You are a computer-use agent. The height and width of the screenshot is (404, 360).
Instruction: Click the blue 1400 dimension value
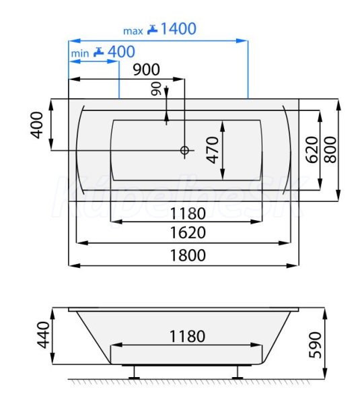(178, 28)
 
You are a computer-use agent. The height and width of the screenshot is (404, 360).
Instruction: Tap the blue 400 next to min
(121, 52)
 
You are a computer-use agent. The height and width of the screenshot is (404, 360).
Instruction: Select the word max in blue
(133, 31)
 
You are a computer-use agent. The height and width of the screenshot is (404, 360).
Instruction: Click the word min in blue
(80, 54)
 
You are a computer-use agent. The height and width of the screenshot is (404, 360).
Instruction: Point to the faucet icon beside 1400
(152, 30)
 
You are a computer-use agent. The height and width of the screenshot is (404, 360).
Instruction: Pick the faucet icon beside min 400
(98, 52)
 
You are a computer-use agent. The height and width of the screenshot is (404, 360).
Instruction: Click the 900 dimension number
(146, 69)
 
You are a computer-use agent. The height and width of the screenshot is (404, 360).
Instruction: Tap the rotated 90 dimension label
(156, 89)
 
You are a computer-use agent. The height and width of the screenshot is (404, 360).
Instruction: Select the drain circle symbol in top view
(184, 150)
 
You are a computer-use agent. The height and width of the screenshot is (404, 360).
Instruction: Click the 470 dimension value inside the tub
(213, 150)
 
